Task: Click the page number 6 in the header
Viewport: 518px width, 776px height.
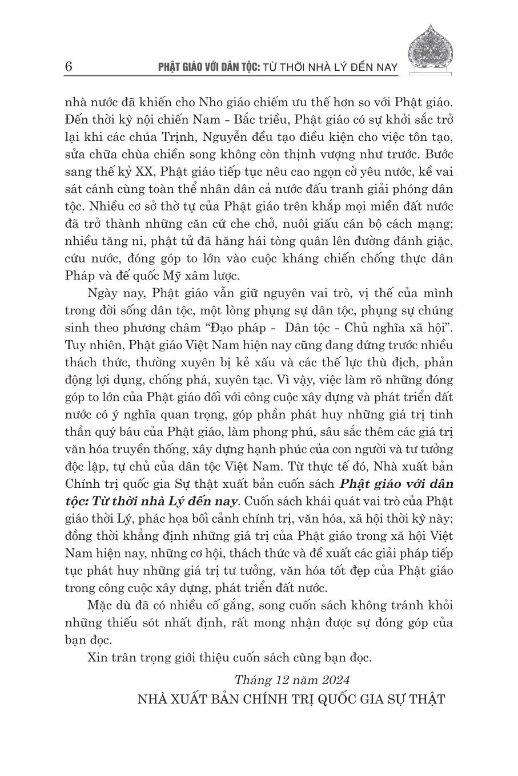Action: pyautogui.click(x=69, y=66)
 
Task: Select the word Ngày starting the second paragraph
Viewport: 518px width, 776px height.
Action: pyautogui.click(x=103, y=292)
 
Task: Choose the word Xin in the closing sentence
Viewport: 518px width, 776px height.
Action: pyautogui.click(x=98, y=657)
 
